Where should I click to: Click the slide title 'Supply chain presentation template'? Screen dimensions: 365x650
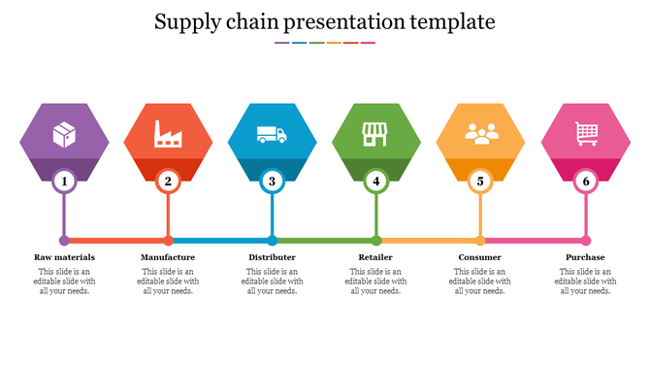point(325,20)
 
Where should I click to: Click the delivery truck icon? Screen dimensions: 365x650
point(272,134)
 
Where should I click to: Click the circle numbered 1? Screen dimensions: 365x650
point(64,181)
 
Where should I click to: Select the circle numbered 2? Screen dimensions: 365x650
point(168,181)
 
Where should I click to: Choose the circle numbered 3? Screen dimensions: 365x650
point(273,181)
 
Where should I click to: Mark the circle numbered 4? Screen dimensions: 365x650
point(376,181)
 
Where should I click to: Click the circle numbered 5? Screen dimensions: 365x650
point(480,181)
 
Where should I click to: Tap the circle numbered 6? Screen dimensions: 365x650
point(585,181)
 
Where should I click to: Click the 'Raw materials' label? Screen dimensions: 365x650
point(64,257)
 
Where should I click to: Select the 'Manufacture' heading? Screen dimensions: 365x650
point(168,257)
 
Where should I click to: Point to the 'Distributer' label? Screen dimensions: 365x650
point(273,257)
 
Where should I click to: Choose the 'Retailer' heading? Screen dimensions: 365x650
point(376,257)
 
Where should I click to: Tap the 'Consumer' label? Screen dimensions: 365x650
point(480,257)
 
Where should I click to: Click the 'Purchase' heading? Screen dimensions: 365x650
point(585,257)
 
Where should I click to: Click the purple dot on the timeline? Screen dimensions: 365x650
point(64,240)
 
